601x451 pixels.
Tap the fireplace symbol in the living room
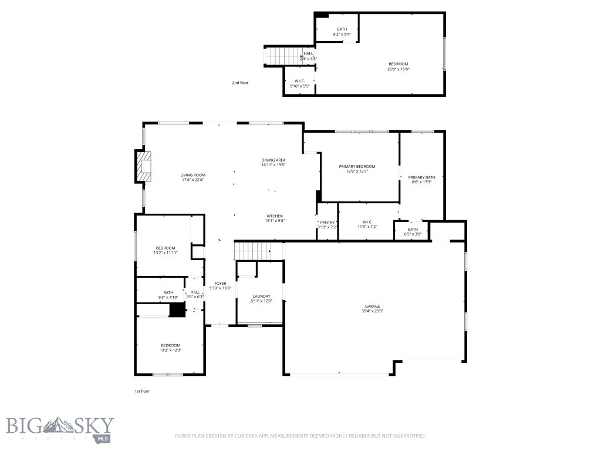[143, 167]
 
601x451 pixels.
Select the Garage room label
[372, 308]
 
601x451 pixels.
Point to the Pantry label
[327, 224]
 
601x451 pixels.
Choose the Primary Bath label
[421, 180]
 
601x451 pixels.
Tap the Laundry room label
[261, 299]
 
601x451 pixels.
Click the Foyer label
[220, 286]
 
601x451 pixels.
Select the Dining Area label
[274, 163]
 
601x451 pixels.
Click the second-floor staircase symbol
[281, 56]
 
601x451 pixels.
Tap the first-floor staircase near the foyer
[252, 251]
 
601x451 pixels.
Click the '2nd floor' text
[240, 83]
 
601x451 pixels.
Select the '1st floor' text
[141, 391]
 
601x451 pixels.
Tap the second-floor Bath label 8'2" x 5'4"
[342, 32]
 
